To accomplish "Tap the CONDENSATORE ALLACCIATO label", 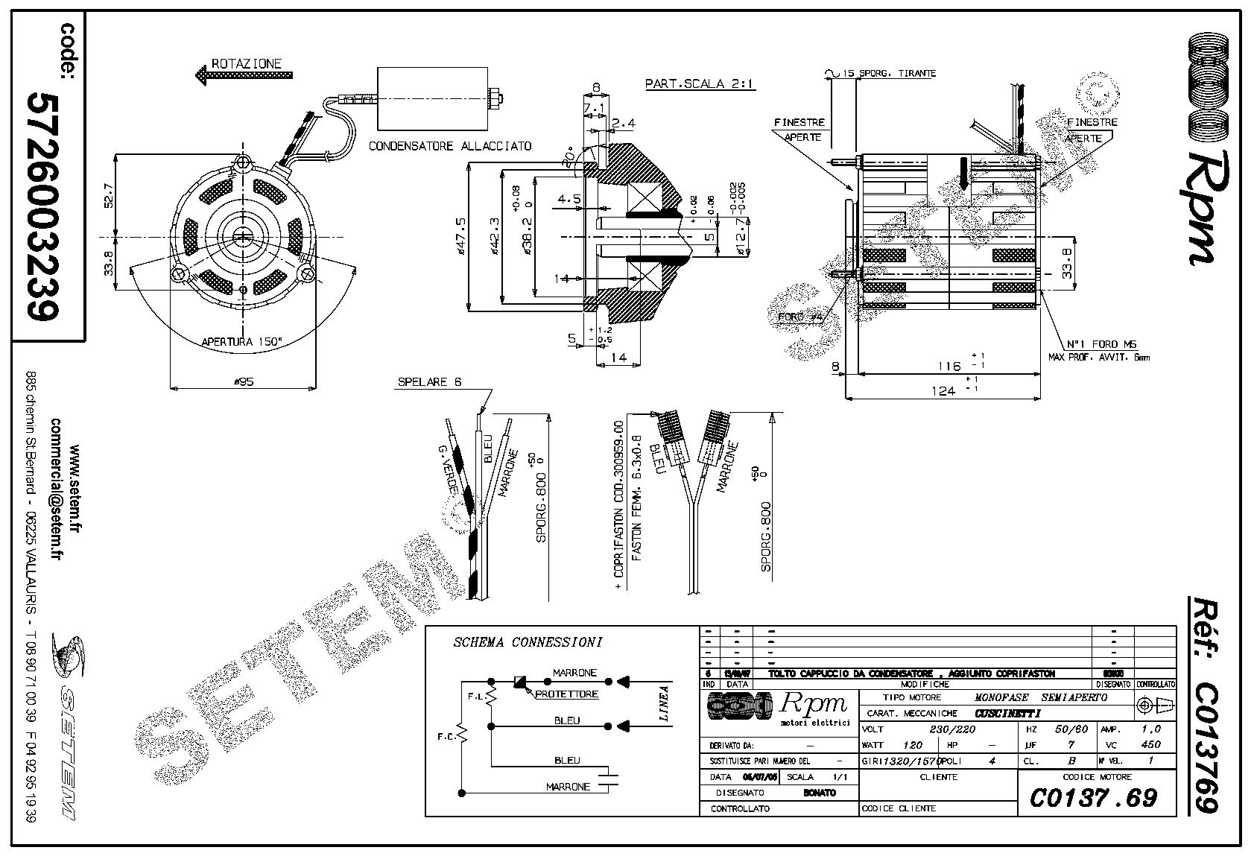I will [x=450, y=146].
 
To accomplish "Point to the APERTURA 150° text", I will [x=242, y=342].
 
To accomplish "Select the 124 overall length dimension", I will [x=943, y=390].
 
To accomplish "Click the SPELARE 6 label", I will [x=429, y=382].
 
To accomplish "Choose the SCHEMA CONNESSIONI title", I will [x=527, y=642].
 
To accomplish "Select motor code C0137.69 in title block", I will [x=1093, y=798].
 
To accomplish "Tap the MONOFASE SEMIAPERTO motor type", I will [x=1040, y=697].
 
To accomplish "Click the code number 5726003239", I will [x=42, y=206].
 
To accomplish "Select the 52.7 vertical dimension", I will [x=107, y=196].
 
